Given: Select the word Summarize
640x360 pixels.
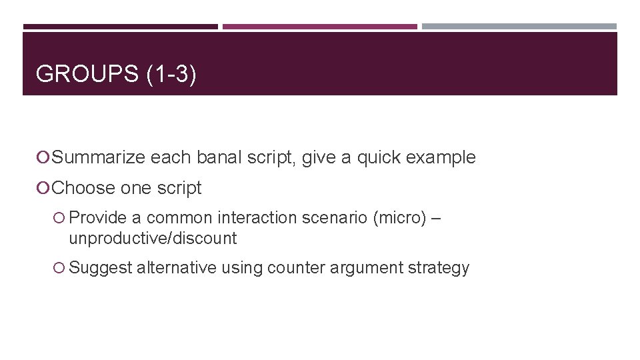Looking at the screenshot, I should pyautogui.click(x=98, y=157).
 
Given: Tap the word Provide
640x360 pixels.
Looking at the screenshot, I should pyautogui.click(x=98, y=218).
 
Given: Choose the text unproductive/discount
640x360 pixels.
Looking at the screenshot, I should pyautogui.click(x=153, y=238).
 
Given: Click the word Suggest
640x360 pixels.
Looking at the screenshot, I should pyautogui.click(x=101, y=268).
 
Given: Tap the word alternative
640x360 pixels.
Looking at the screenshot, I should pyautogui.click(x=176, y=268).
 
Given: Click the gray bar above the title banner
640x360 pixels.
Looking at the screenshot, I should pyautogui.click(x=519, y=27).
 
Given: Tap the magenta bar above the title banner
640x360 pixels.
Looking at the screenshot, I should pyautogui.click(x=319, y=27).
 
